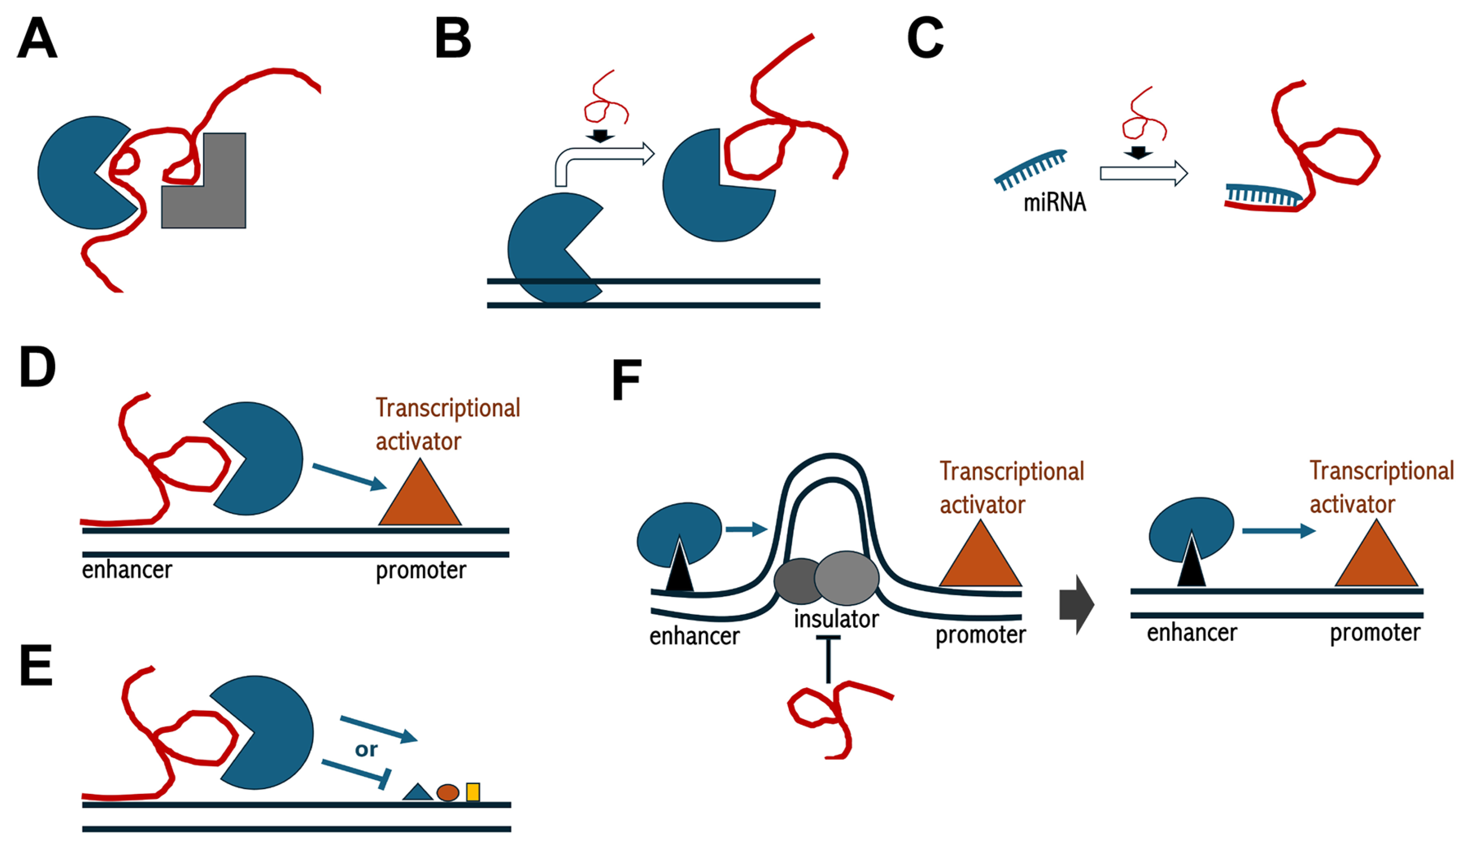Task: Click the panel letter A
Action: pyautogui.click(x=37, y=38)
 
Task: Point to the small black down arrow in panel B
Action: pyautogui.click(x=600, y=136)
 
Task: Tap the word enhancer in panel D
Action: pyautogui.click(x=127, y=570)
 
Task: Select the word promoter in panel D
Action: pyautogui.click(x=421, y=570)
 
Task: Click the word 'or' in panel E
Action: pyautogui.click(x=366, y=749)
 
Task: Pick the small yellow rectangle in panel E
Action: pyautogui.click(x=473, y=792)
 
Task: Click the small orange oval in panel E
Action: pyautogui.click(x=448, y=792)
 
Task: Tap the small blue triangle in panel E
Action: pyautogui.click(x=417, y=793)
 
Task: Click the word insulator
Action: pyautogui.click(x=836, y=619)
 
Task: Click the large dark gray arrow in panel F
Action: pyautogui.click(x=1077, y=605)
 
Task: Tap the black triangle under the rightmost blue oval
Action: pyautogui.click(x=1191, y=564)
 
